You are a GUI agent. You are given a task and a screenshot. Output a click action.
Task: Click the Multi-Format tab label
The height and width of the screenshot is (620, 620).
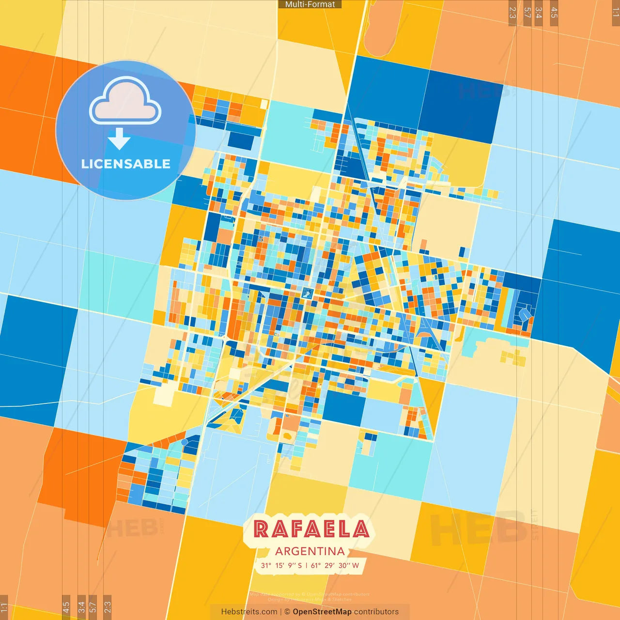[310, 4]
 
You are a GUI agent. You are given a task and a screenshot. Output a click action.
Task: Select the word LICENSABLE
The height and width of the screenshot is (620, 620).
[126, 164]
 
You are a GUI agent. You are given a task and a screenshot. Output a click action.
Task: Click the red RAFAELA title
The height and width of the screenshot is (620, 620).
[311, 529]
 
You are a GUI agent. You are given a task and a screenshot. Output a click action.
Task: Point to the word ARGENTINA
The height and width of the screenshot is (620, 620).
[310, 551]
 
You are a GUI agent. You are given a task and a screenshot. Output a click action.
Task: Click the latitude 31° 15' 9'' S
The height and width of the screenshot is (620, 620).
[281, 565]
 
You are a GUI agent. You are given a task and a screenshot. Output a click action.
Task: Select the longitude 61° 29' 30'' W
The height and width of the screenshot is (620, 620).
[335, 565]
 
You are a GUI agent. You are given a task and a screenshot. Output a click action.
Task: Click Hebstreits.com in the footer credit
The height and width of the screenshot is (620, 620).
[249, 612]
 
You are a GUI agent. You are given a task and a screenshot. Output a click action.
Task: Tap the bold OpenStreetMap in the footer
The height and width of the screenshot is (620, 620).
[322, 612]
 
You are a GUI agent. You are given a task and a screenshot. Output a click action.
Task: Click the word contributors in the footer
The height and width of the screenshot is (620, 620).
[376, 612]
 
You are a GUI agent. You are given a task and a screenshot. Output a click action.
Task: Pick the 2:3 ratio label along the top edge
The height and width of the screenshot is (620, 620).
[512, 13]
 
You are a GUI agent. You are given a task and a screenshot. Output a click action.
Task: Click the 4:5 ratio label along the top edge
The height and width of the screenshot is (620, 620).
[554, 13]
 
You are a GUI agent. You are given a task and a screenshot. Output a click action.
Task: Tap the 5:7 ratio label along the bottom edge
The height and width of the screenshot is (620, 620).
[93, 607]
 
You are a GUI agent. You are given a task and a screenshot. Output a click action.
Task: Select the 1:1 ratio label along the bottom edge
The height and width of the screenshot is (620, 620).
[4, 607]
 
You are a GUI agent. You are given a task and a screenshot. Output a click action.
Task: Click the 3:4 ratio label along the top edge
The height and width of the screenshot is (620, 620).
[539, 13]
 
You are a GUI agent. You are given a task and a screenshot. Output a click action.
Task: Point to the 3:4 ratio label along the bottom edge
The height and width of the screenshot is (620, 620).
[81, 607]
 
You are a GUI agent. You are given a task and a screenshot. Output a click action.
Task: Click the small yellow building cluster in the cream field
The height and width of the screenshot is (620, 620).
[513, 358]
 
